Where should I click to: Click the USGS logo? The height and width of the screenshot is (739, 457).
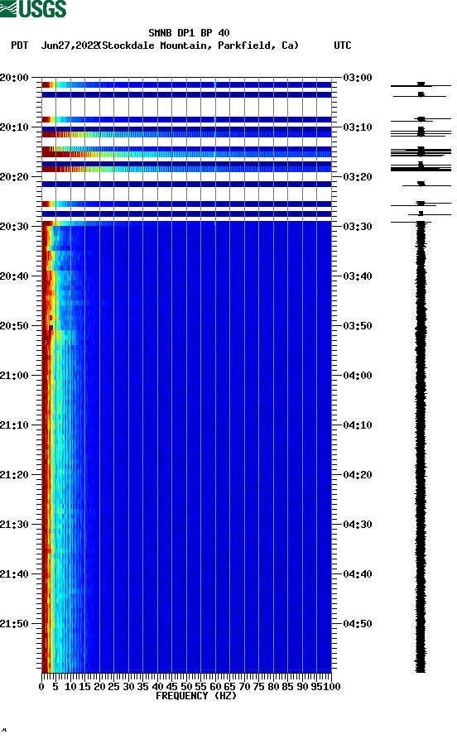tap(33, 9)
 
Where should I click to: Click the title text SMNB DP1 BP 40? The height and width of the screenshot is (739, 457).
tap(189, 33)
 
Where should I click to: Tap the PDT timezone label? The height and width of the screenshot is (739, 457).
tap(19, 46)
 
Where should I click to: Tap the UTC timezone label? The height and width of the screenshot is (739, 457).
tap(342, 46)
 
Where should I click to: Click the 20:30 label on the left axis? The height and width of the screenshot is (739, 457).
tap(16, 227)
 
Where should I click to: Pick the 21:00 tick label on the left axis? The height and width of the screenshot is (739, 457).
tap(16, 376)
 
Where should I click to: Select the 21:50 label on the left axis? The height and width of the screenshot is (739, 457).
tap(16, 624)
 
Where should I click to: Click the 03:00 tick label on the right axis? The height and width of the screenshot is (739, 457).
tap(358, 78)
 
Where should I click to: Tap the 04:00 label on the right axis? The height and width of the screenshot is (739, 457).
tap(358, 376)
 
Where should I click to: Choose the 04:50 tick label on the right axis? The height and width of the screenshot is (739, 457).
tap(358, 624)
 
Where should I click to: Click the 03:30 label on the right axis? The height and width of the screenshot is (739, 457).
tap(358, 227)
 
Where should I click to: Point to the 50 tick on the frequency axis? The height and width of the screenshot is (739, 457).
tap(186, 687)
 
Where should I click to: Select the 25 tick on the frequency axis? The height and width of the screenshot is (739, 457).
tap(114, 687)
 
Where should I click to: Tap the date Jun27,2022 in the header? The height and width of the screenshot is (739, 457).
tap(70, 46)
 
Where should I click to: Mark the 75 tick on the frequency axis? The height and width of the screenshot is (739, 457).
tap(259, 687)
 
